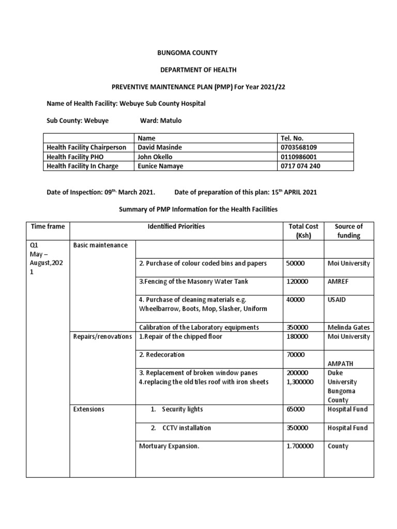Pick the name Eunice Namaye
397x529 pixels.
[x=160, y=166]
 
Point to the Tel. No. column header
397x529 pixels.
[x=291, y=138]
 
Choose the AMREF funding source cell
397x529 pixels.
[x=339, y=282]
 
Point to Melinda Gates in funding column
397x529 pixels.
[x=349, y=327]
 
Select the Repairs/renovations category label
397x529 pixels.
[x=102, y=336]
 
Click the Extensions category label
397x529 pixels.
[x=89, y=409]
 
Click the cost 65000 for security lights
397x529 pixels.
[x=295, y=409]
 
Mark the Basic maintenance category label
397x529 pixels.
[x=100, y=245]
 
